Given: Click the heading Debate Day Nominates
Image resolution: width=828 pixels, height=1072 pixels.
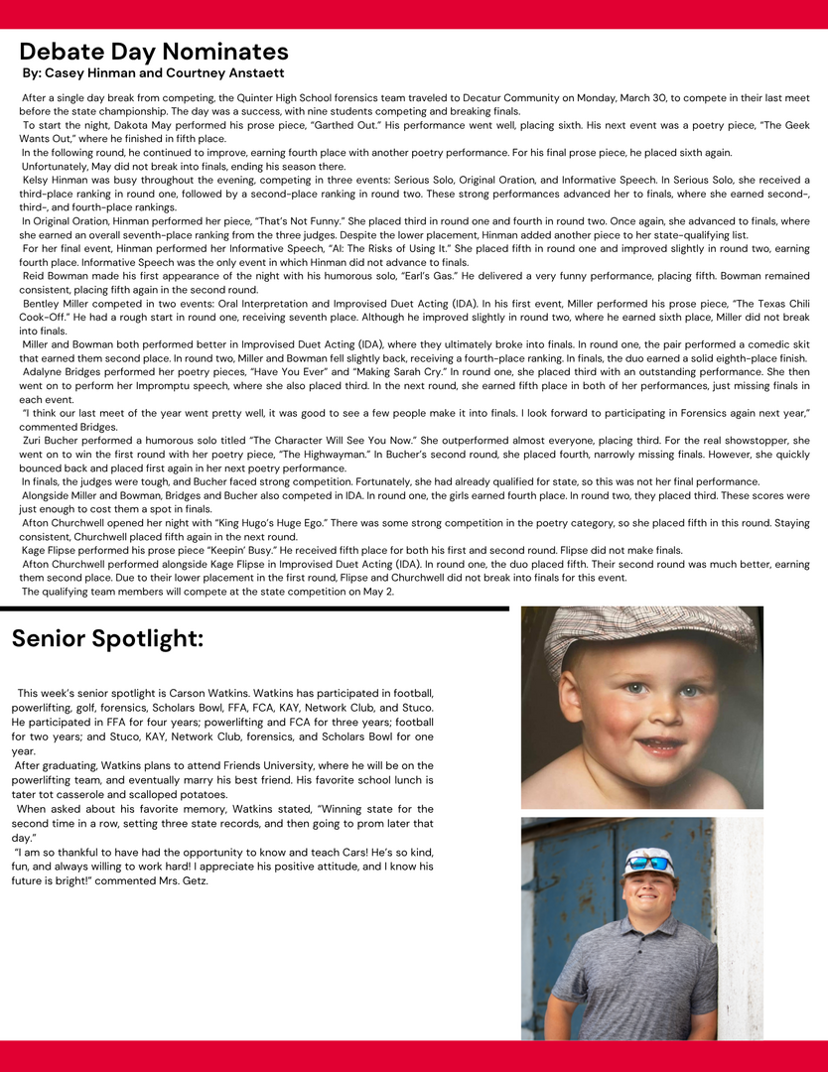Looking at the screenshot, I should (x=154, y=52).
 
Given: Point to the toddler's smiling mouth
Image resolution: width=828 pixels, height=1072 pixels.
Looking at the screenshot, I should (x=659, y=742).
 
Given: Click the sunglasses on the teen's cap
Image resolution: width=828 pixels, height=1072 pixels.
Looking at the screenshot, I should (x=649, y=864).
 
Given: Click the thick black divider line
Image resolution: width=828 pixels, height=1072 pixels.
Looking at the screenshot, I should (x=254, y=607).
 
